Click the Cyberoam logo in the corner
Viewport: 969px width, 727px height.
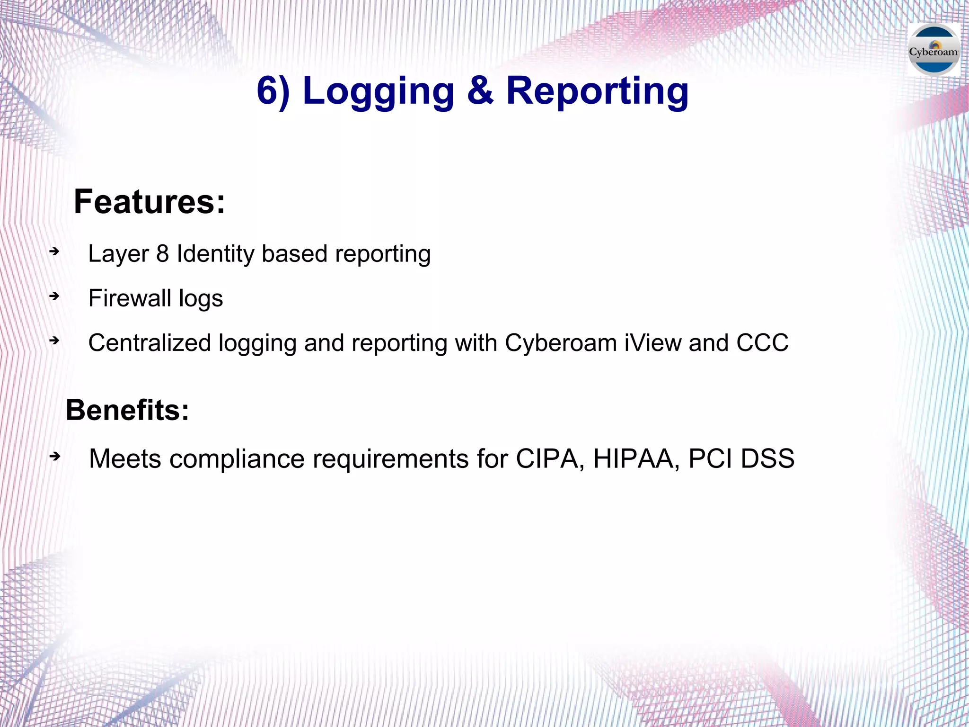(x=934, y=50)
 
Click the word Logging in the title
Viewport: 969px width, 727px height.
(x=378, y=91)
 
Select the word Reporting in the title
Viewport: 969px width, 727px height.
(x=597, y=91)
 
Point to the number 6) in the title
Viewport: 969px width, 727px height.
(x=273, y=91)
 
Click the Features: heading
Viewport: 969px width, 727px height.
(x=150, y=202)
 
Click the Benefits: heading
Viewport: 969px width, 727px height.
(x=127, y=410)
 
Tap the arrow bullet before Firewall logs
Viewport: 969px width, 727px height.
(x=55, y=296)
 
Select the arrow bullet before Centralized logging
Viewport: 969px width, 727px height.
(x=55, y=341)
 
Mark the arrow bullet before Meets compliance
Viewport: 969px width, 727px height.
(x=55, y=457)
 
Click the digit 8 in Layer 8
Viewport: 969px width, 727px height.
(x=162, y=254)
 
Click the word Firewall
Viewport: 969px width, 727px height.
(x=130, y=298)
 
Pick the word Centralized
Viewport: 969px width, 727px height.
(x=150, y=343)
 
